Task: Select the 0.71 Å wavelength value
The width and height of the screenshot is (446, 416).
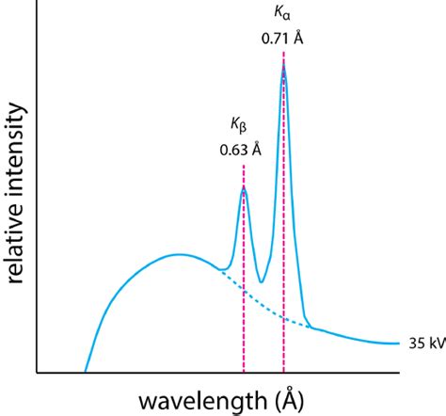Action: click(x=283, y=40)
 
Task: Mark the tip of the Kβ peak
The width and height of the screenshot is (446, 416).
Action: click(x=244, y=187)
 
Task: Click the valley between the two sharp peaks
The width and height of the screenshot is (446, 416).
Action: click(x=261, y=281)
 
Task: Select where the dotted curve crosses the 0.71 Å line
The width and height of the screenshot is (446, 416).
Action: click(x=283, y=318)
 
